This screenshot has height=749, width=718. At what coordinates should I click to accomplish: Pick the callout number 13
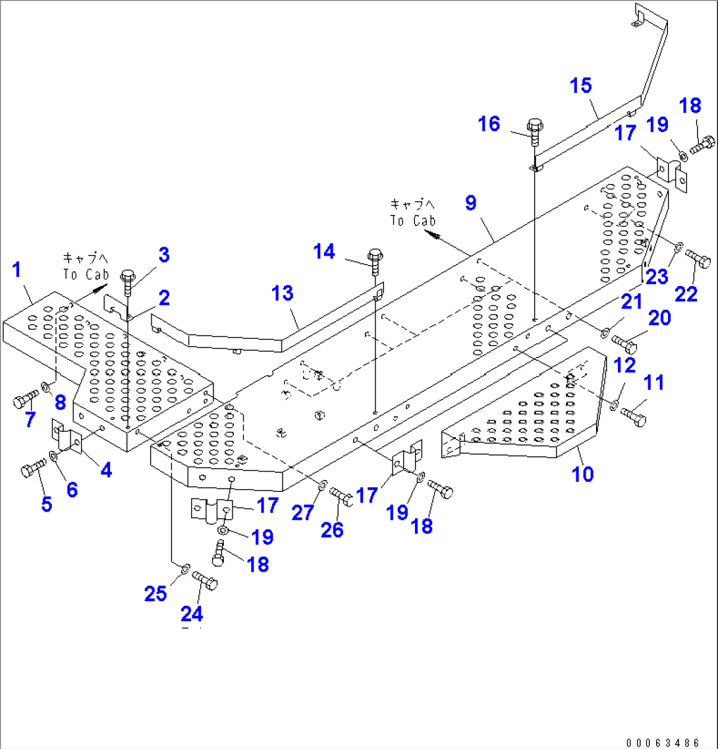point(283,293)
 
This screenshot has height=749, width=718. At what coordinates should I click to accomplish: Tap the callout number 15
point(581,86)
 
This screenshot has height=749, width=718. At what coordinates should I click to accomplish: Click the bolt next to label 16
point(534,132)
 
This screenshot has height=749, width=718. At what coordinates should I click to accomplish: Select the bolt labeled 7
point(25,400)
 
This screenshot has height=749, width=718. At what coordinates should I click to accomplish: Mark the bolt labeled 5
point(32,469)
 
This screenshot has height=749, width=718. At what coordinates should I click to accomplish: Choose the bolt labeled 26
point(342,495)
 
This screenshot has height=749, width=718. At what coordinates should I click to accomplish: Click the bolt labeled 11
point(634,415)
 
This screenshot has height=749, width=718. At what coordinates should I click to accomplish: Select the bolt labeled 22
point(699,258)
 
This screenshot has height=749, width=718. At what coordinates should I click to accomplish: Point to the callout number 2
point(163,297)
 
